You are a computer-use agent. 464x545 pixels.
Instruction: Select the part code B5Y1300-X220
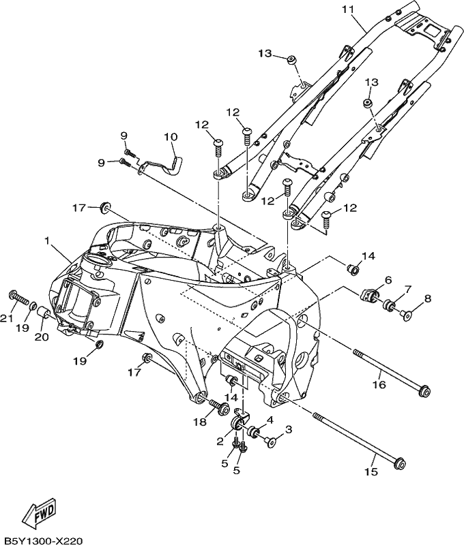point(42,540)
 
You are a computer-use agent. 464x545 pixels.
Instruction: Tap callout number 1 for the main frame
point(46,240)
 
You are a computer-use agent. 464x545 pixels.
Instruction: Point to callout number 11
point(347,10)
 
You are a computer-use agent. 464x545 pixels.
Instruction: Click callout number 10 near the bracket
point(171,137)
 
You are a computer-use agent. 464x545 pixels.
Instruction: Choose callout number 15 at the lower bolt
point(371,471)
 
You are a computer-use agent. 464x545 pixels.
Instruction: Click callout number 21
point(7,317)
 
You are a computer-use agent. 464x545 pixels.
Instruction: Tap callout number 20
point(42,337)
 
